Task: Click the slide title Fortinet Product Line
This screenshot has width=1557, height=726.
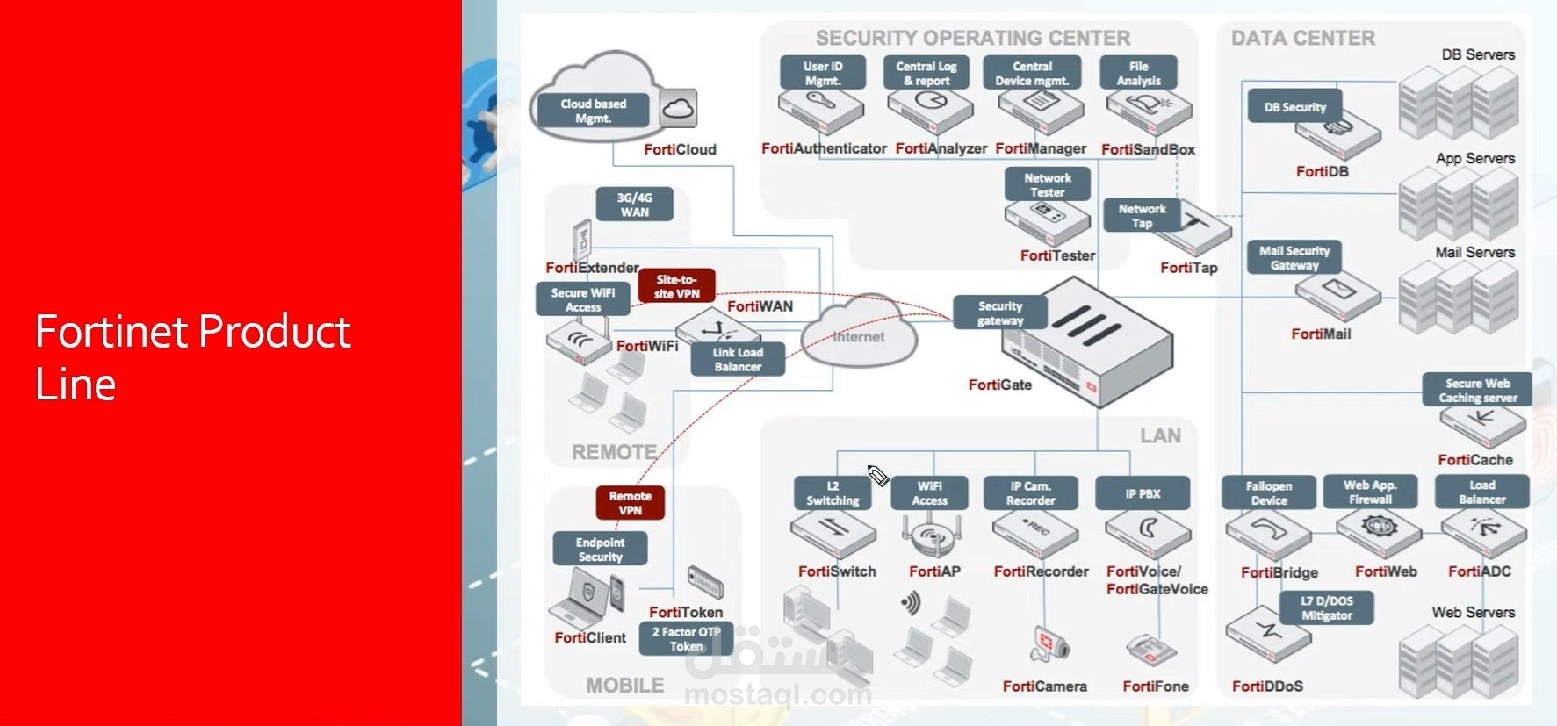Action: tap(192, 357)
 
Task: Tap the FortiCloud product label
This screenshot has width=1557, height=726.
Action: tap(680, 149)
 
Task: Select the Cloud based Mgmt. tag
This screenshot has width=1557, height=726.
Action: tap(594, 111)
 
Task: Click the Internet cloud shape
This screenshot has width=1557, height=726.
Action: tap(859, 335)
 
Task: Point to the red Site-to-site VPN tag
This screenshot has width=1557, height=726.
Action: tap(676, 287)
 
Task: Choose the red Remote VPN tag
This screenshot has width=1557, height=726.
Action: tap(630, 503)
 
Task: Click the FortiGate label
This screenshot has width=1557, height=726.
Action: tap(999, 385)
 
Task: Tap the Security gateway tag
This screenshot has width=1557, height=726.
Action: tap(1000, 313)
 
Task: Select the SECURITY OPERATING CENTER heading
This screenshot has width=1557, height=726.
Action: tap(972, 38)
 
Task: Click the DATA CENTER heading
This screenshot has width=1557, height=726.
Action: tap(1302, 38)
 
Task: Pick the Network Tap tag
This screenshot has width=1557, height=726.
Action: tap(1142, 216)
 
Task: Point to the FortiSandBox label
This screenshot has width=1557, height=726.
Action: tap(1148, 149)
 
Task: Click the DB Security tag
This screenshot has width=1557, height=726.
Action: tap(1294, 107)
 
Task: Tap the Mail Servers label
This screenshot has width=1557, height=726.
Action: tap(1474, 252)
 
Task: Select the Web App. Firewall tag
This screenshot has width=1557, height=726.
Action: tap(1370, 492)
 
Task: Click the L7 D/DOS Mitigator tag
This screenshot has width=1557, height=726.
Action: tap(1326, 607)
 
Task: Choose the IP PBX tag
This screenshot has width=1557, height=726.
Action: tap(1143, 493)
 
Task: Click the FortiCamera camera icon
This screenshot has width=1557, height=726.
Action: tap(1049, 645)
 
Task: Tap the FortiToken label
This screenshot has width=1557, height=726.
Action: tap(686, 612)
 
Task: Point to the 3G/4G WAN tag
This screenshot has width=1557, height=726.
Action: tap(634, 205)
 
